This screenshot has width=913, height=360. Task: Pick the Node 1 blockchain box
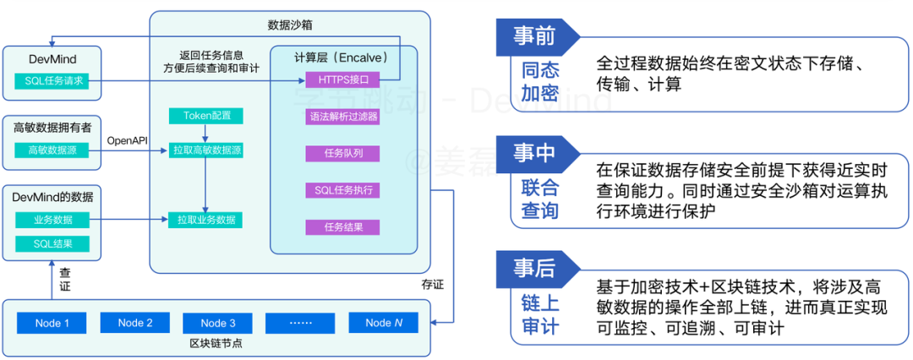(x=52, y=323)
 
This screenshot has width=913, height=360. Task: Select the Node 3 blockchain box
(x=218, y=323)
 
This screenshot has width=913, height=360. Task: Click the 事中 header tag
(x=535, y=152)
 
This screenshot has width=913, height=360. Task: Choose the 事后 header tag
(x=535, y=268)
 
